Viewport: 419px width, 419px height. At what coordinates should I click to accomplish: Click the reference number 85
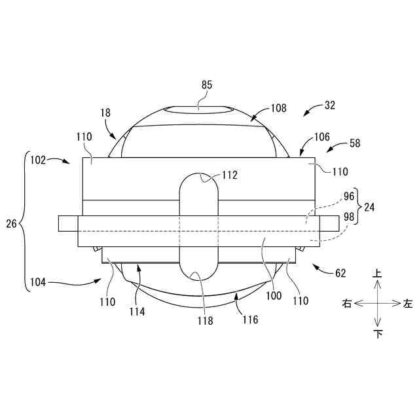(207, 84)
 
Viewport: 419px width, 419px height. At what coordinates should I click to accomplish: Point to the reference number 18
(106, 113)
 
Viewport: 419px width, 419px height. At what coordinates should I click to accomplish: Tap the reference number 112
(229, 175)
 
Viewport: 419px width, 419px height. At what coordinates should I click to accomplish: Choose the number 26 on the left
(12, 223)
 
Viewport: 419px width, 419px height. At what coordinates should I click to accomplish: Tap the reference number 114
(137, 311)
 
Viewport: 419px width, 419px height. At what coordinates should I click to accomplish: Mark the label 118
(206, 320)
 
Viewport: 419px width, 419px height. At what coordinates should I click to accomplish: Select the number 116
(250, 319)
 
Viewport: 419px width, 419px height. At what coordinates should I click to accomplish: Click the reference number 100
(273, 295)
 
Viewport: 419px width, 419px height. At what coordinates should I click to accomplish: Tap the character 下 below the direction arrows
(378, 334)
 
